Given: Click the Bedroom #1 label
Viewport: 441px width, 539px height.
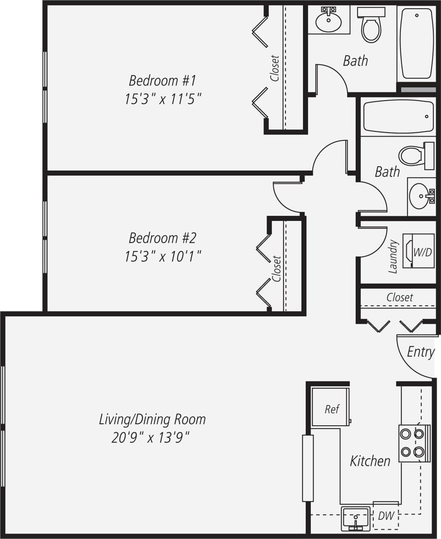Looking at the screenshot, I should tap(162, 79).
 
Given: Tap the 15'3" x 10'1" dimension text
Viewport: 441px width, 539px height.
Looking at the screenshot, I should tap(162, 257).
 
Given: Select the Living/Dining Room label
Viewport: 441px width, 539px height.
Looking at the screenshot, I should tap(152, 419).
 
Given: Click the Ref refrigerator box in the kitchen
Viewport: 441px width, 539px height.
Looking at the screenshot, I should tap(331, 409).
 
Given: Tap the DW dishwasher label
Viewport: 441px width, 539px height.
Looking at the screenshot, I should tap(385, 515).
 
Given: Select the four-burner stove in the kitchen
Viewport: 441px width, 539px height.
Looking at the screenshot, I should tap(415, 443).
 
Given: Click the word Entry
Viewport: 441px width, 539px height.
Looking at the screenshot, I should tap(420, 352).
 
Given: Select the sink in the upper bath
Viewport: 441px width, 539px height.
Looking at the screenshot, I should tap(329, 21).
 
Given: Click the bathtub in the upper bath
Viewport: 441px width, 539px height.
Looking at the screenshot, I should tap(416, 43).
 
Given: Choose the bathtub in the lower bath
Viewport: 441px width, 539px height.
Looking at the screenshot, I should tap(398, 117).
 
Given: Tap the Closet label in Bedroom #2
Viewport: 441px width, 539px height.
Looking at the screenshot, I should tap(276, 268).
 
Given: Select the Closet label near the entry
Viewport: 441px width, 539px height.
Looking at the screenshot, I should tap(399, 297).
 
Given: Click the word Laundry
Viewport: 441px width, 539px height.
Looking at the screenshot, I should tap(393, 257).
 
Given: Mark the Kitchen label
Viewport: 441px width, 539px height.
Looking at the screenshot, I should tap(370, 461).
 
